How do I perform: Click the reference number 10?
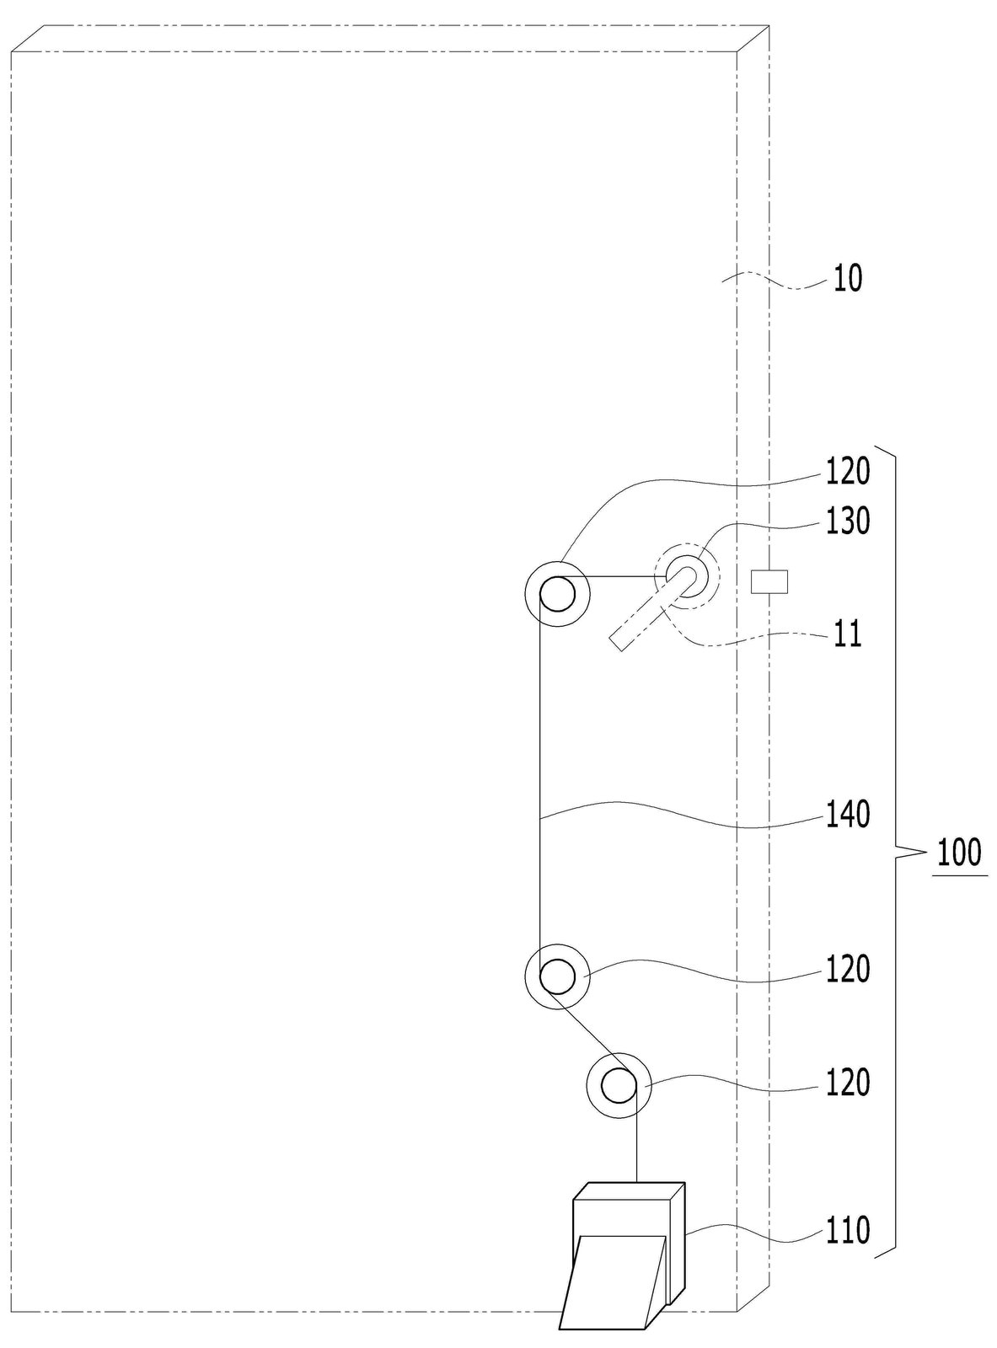pyautogui.click(x=847, y=279)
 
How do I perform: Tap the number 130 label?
pyautogui.click(x=847, y=521)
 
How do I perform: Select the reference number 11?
pyautogui.click(x=848, y=634)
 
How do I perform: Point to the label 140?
pyautogui.click(x=847, y=815)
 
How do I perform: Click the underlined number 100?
pyautogui.click(x=959, y=852)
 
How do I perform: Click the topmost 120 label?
pyautogui.click(x=847, y=471)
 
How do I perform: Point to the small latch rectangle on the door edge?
pyautogui.click(x=769, y=581)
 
